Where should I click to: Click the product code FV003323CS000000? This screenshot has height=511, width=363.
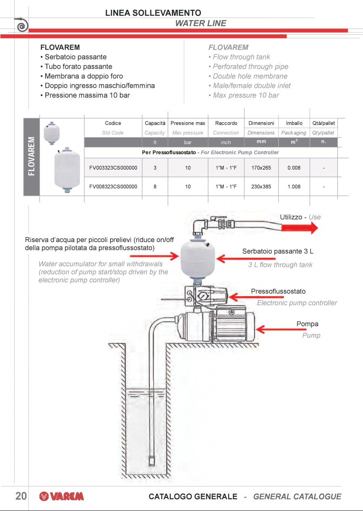(113, 168)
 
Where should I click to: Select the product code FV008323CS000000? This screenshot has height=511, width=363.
(113, 187)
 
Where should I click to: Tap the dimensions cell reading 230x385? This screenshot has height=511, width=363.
(261, 187)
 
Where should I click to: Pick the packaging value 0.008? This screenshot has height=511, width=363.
(294, 168)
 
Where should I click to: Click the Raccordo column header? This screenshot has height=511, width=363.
(226, 123)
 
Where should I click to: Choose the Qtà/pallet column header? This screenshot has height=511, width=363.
(323, 123)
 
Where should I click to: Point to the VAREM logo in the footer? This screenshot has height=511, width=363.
(62, 496)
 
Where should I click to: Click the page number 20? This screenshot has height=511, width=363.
(21, 496)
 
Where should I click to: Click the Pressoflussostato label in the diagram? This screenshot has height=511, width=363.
(278, 291)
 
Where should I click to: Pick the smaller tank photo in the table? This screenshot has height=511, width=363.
(52, 132)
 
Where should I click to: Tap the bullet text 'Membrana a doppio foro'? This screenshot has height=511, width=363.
(83, 76)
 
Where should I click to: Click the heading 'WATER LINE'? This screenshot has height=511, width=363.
(200, 23)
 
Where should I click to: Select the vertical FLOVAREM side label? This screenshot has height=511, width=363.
(31, 156)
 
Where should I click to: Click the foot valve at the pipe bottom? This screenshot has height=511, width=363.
(153, 461)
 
